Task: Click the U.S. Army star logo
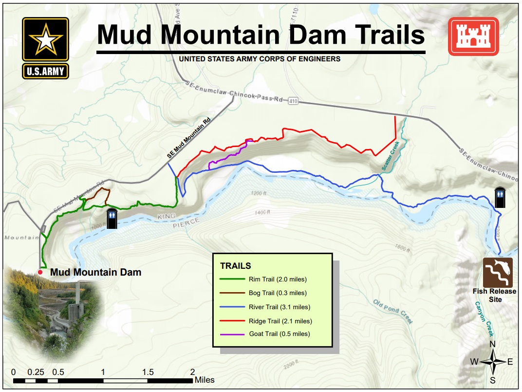tap(45, 48)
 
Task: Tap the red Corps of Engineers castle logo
tap(473, 36)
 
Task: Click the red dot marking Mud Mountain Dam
tap(40, 272)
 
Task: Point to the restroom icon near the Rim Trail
tap(112, 219)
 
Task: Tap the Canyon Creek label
tap(485, 319)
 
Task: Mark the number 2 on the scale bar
tap(192, 372)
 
